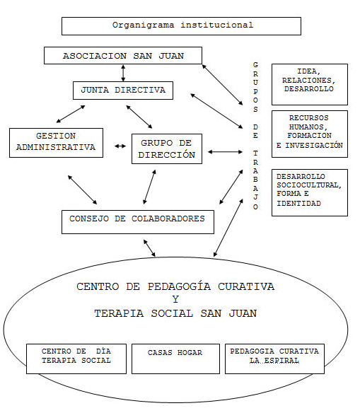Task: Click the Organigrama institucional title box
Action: (x=181, y=26)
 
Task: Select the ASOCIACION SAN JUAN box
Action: (x=123, y=56)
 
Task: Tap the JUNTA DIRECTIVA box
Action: (x=123, y=91)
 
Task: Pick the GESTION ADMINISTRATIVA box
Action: (x=56, y=143)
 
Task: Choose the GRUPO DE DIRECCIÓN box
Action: (x=167, y=149)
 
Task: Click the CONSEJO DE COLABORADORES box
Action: (x=138, y=222)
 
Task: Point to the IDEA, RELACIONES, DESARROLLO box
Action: (x=310, y=84)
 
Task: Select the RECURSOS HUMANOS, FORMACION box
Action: (x=310, y=134)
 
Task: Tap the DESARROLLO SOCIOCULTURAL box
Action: (x=310, y=192)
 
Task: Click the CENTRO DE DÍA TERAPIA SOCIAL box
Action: (x=76, y=359)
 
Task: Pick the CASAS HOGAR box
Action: (x=175, y=359)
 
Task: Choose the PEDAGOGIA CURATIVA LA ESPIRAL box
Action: (x=274, y=359)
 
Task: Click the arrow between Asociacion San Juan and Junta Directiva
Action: (x=123, y=73)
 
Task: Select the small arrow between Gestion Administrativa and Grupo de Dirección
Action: (x=120, y=146)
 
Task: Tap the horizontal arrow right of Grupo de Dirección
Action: (x=225, y=152)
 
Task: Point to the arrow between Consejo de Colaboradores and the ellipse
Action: (x=149, y=248)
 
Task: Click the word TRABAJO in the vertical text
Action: (x=255, y=180)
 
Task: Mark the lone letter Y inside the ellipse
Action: (x=175, y=299)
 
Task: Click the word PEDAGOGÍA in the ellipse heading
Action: (x=179, y=286)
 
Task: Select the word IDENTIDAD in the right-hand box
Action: (x=298, y=204)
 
